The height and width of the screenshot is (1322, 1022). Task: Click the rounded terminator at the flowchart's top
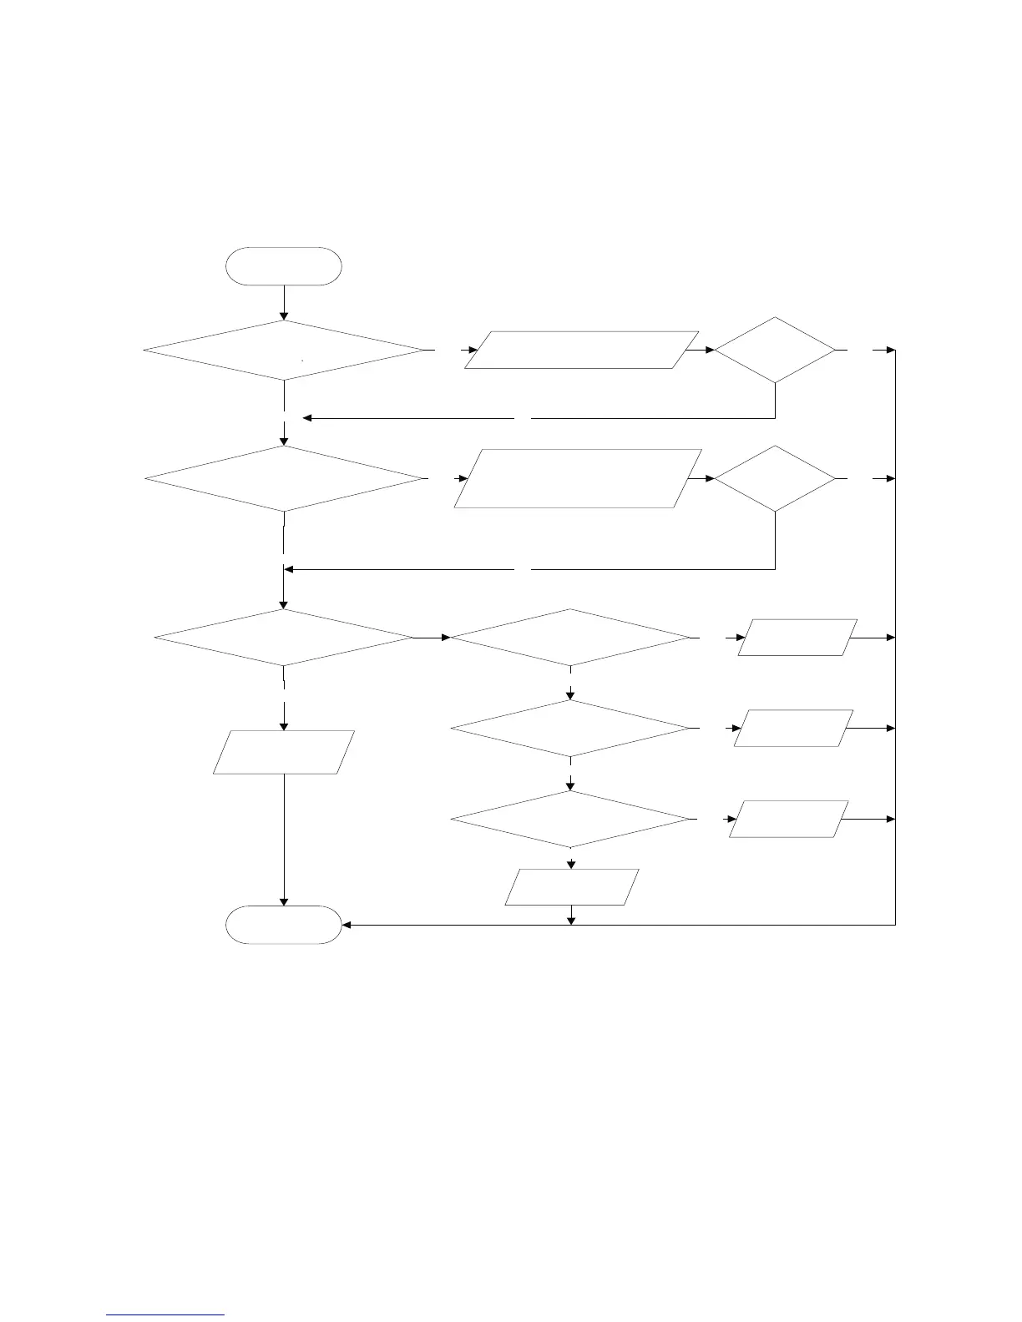tap(284, 266)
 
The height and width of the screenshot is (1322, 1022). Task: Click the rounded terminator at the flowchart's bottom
tap(284, 925)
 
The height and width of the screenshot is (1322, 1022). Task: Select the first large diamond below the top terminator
tap(284, 351)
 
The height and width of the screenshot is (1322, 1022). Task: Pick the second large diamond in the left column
tap(284, 478)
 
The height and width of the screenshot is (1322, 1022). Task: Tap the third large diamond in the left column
tap(284, 638)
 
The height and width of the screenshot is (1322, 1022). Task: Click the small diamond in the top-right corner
tap(775, 350)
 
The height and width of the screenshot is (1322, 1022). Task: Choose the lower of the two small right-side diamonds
tap(775, 478)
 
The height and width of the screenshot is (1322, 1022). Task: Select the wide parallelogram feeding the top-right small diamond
tap(581, 350)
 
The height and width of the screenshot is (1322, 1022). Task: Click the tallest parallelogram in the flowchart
tap(578, 478)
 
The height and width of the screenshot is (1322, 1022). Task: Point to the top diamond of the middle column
tap(571, 638)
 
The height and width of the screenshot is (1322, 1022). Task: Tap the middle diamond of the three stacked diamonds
tap(571, 729)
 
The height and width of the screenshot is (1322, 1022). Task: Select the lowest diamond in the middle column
tap(571, 820)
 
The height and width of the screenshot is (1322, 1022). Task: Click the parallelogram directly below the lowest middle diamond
tap(572, 886)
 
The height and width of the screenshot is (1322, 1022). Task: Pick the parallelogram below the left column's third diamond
tap(284, 752)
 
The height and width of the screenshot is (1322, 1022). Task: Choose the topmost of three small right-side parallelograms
tap(797, 638)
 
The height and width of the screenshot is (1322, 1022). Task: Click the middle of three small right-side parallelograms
tap(793, 728)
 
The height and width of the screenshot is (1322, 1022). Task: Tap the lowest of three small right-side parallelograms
tap(788, 820)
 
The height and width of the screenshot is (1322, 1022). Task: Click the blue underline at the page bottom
tap(166, 1314)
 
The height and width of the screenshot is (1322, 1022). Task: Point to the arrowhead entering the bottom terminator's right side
tap(347, 925)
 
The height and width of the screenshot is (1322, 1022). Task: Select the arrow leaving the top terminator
tap(284, 302)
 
